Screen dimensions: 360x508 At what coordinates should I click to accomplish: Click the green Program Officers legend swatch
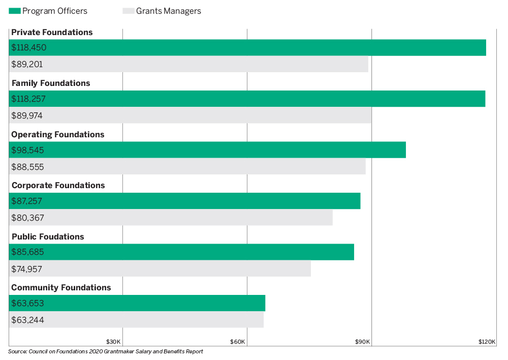click(x=15, y=11)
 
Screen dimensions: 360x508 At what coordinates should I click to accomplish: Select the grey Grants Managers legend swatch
click(x=129, y=11)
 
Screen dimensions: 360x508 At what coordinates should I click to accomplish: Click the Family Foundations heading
click(x=51, y=83)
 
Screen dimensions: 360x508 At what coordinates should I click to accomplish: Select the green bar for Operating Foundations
click(x=207, y=150)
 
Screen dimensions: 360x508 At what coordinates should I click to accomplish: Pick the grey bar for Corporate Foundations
click(x=171, y=218)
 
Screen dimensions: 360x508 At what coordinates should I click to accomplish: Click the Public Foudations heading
click(x=48, y=236)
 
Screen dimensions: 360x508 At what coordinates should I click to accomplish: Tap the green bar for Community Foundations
click(x=137, y=303)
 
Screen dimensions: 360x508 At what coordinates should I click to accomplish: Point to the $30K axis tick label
click(x=113, y=341)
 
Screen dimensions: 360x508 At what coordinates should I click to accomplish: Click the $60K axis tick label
click(x=238, y=341)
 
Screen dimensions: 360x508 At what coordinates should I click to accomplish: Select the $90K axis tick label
click(x=363, y=341)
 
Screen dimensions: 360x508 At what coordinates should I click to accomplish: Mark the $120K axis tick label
click(x=487, y=341)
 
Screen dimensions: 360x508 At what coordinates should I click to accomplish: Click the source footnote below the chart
click(x=106, y=352)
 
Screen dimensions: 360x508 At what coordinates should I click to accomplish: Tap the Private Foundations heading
click(x=52, y=32)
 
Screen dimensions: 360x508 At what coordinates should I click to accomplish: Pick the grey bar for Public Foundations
click(x=160, y=268)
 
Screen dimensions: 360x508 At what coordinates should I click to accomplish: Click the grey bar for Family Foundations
click(x=190, y=115)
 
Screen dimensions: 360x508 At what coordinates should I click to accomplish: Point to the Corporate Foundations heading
click(x=58, y=185)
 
